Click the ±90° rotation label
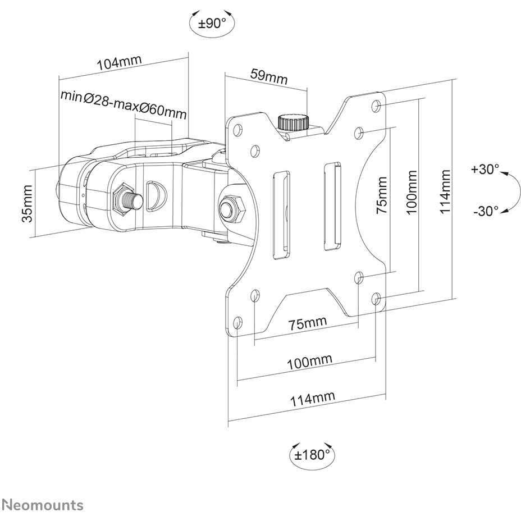click(x=212, y=24)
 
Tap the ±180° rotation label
click(x=312, y=455)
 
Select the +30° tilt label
click(x=485, y=169)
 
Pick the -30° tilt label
click(x=486, y=211)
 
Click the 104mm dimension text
click(x=119, y=62)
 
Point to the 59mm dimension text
click(x=269, y=76)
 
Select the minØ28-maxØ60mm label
click(x=124, y=104)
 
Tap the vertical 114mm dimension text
click(x=445, y=191)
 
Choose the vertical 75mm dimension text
click(x=381, y=195)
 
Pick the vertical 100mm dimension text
click(x=412, y=193)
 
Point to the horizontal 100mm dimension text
click(x=309, y=362)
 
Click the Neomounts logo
click(x=42, y=505)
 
